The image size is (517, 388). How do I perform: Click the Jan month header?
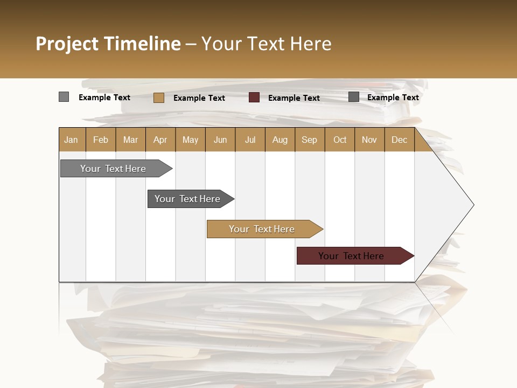coord(71,140)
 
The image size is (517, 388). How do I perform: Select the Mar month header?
coord(130,140)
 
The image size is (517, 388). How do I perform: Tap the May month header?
coord(190,140)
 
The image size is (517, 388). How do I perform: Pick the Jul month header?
coord(250,140)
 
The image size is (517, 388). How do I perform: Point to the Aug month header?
coord(280,140)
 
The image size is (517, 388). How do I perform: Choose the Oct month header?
coord(340,140)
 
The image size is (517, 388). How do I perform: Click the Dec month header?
coord(399,140)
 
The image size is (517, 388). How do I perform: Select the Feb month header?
coord(101,140)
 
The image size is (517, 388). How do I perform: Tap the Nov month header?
coord(369,140)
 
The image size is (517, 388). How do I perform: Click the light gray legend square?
coord(64,97)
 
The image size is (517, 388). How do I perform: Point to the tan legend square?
coord(159,98)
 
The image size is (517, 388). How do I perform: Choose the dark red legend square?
coord(254,98)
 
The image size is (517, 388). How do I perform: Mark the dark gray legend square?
coord(354,97)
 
